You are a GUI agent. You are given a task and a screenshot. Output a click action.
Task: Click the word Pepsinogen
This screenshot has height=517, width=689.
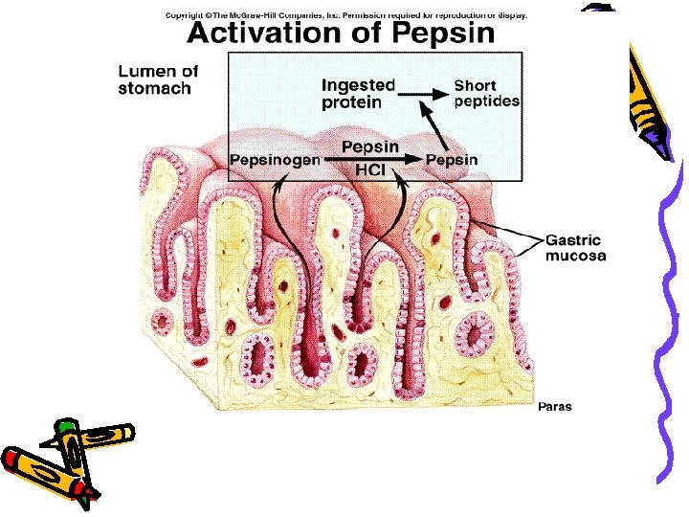click(275, 159)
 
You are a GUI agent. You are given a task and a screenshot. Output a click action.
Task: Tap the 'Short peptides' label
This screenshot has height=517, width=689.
click(487, 93)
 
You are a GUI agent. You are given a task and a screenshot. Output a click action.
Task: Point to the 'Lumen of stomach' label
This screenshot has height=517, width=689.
click(159, 79)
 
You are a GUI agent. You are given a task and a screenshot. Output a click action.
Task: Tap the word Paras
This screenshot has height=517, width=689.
click(554, 407)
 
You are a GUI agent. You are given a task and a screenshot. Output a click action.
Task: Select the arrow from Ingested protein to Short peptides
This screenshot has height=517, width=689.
click(423, 94)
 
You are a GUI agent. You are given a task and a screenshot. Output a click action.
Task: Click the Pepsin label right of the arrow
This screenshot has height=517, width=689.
click(452, 159)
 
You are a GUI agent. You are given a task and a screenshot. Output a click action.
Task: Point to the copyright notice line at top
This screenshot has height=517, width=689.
click(345, 15)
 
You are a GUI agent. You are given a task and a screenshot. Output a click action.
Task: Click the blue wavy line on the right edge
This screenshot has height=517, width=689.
click(669, 316)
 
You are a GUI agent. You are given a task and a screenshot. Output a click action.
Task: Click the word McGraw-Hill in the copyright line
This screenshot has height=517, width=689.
click(256, 15)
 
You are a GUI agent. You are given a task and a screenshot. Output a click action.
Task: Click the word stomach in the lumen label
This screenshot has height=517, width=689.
click(155, 89)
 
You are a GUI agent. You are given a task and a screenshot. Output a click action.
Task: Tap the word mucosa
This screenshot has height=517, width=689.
click(576, 256)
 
